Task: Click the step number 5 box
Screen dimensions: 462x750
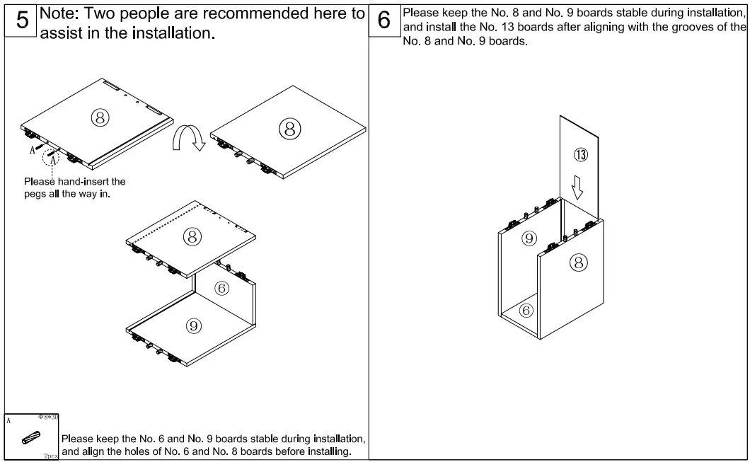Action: (x=22, y=21)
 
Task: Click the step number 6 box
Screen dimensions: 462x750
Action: (x=384, y=21)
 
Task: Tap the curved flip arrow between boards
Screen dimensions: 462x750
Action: (x=188, y=138)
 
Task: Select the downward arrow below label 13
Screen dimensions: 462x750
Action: (x=578, y=187)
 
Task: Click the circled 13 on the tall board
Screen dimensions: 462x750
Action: (x=580, y=155)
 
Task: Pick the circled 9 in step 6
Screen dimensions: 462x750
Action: (x=529, y=238)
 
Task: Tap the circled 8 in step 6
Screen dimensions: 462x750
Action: (x=578, y=263)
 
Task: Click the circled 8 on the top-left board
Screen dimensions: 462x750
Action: (x=100, y=118)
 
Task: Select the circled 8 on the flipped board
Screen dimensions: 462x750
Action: (x=289, y=128)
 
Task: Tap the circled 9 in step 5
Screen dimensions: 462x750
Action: (x=193, y=325)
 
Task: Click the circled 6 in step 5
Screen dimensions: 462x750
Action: (x=221, y=288)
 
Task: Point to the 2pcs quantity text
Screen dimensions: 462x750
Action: (x=50, y=457)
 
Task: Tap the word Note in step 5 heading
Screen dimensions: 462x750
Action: (x=62, y=13)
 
